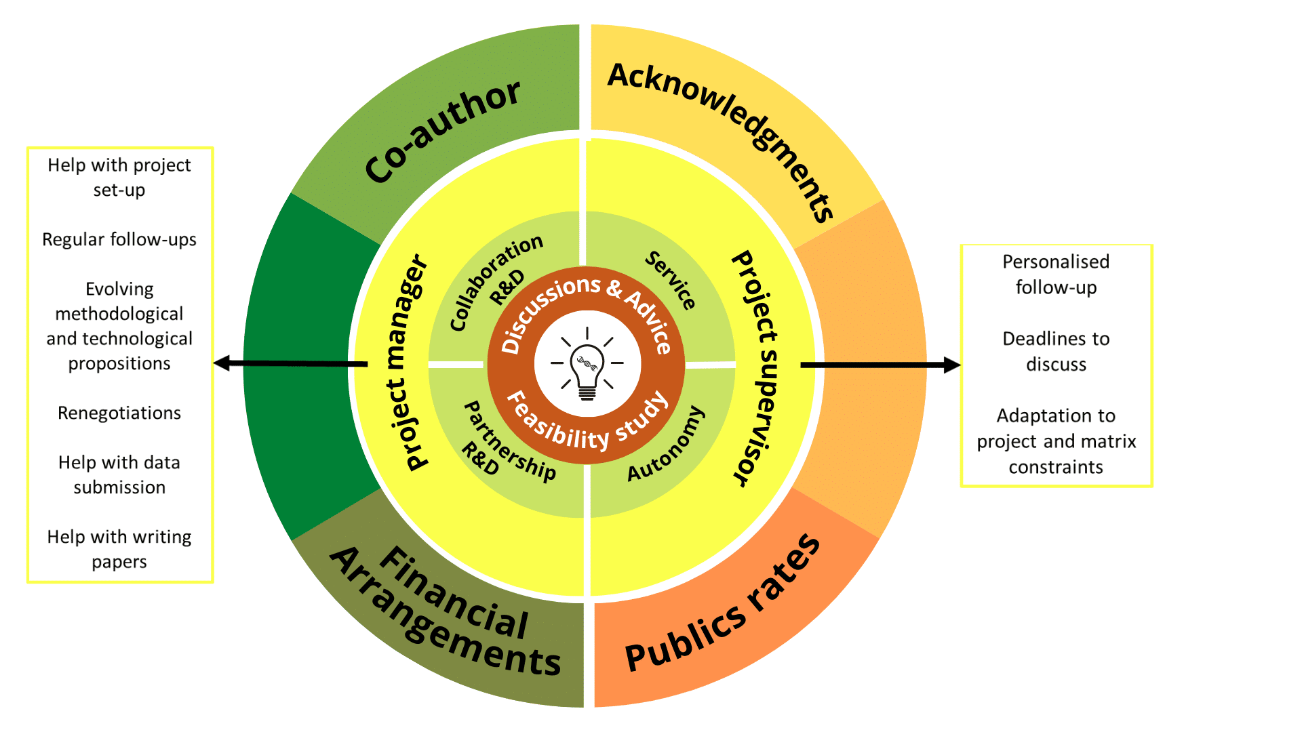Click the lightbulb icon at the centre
pyautogui.click(x=587, y=365)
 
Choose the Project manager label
pyautogui.click(x=407, y=363)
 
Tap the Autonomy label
pyautogui.click(x=666, y=444)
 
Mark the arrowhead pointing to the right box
pyautogui.click(x=952, y=365)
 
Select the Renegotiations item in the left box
pyautogui.click(x=119, y=413)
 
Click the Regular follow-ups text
pyautogui.click(x=119, y=239)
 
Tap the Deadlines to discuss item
pyautogui.click(x=1056, y=351)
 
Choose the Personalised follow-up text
pyautogui.click(x=1056, y=274)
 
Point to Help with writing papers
pyautogui.click(x=119, y=549)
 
